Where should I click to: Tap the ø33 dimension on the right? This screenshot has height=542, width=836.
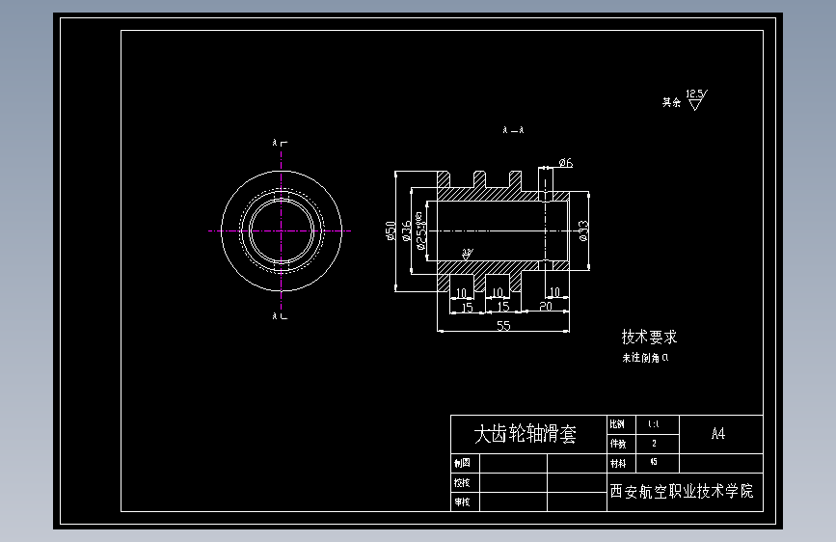(582, 230)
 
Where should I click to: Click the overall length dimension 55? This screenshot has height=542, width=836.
(503, 326)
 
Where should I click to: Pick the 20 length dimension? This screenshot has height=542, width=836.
(546, 307)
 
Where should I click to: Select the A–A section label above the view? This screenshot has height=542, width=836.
(513, 129)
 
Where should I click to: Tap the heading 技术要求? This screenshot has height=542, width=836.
(649, 338)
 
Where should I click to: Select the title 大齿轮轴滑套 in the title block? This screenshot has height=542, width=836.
(526, 435)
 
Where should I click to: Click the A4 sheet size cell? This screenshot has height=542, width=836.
(717, 434)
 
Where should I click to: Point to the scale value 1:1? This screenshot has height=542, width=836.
(654, 424)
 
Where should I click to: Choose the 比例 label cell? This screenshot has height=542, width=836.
(617, 424)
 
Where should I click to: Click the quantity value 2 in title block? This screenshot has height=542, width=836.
(654, 444)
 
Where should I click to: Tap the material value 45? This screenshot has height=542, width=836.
(654, 462)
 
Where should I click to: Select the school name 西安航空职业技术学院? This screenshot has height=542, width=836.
(681, 491)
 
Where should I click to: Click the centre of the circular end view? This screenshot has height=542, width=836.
(282, 230)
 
